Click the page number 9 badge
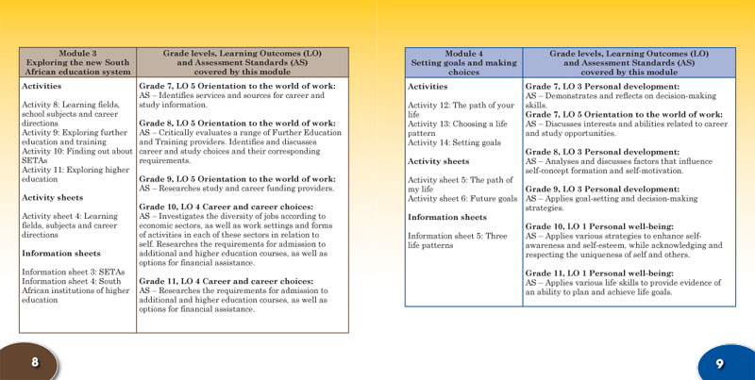coord(720,361)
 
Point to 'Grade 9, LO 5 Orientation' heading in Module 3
coord(237,178)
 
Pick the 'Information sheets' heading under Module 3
coord(62,253)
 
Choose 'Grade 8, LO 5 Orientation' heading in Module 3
coord(237,123)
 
